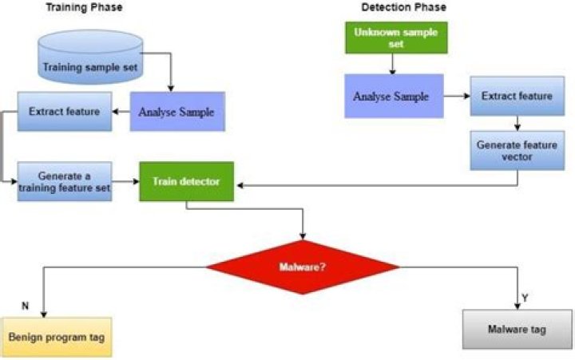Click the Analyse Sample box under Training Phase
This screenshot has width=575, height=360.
[176, 112]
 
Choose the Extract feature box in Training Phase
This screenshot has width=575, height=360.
[64, 111]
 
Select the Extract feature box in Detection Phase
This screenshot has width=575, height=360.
[516, 96]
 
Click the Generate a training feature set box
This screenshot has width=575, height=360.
[64, 183]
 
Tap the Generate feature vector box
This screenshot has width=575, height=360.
[516, 152]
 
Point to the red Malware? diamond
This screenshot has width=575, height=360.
[302, 267]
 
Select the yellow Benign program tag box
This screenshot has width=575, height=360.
[57, 336]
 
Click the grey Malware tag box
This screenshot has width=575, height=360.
[517, 330]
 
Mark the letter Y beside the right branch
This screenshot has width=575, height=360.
[525, 298]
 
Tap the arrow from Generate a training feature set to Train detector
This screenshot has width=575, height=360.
[125, 183]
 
